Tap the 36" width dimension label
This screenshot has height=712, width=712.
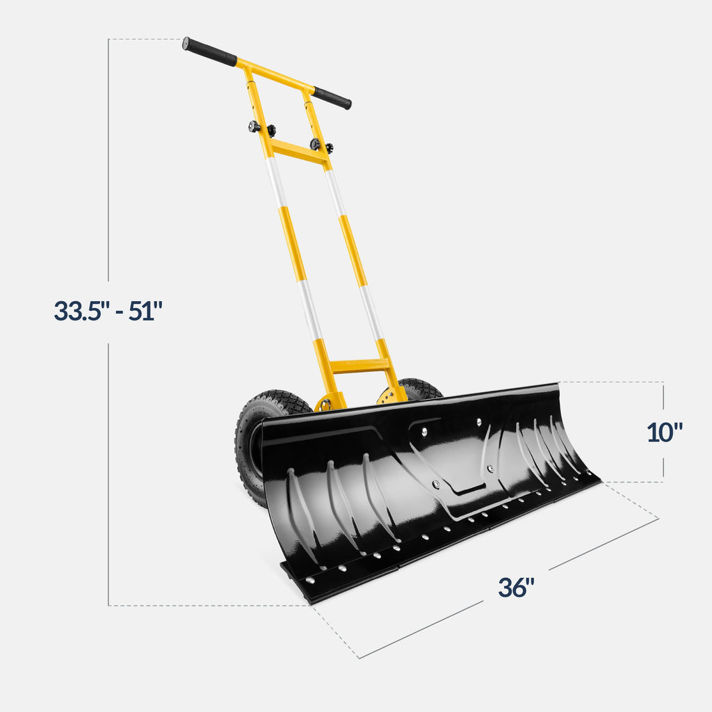[516, 588]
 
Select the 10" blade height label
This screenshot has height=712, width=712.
[664, 432]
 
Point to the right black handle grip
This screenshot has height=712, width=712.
[332, 98]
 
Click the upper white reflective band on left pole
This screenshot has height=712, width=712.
[276, 182]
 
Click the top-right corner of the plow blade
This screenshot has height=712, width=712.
[558, 385]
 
